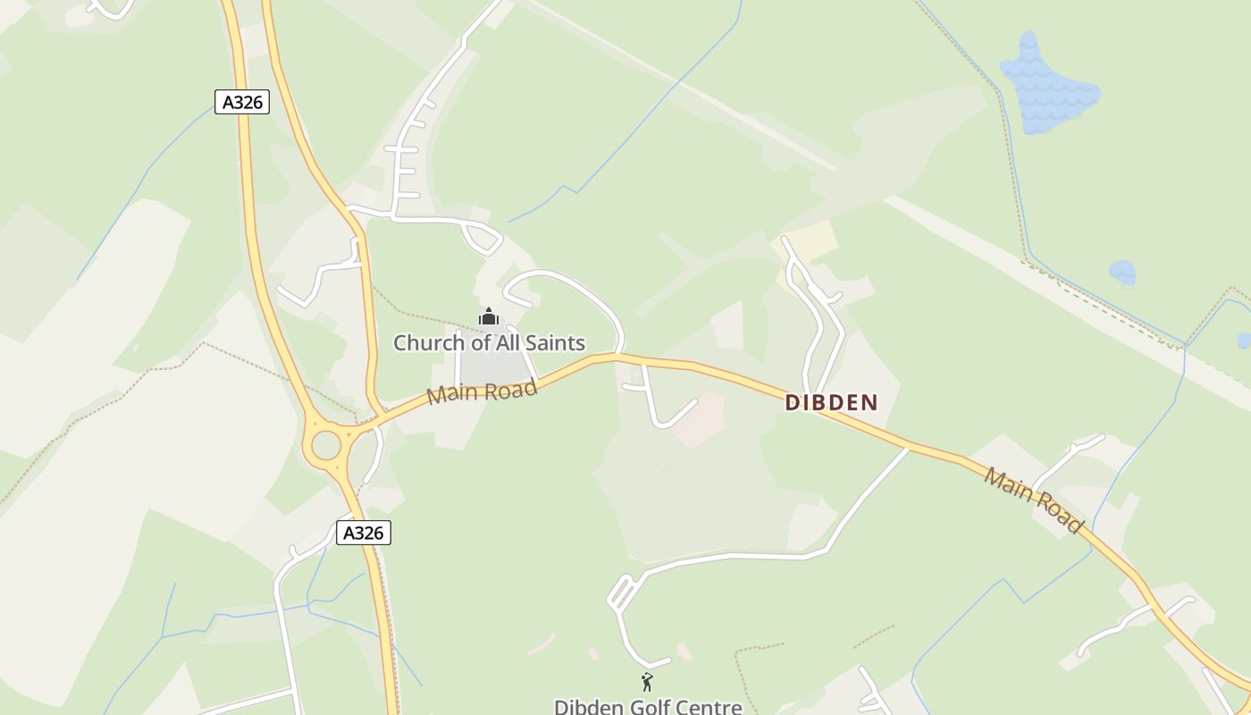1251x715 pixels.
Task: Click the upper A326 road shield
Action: click(x=242, y=102)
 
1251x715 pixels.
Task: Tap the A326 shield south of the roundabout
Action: click(x=364, y=533)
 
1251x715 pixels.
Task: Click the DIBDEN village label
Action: click(x=831, y=403)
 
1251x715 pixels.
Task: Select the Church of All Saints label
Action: click(x=489, y=342)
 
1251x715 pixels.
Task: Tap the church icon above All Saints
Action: click(x=489, y=316)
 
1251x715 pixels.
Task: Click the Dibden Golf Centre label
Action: click(x=648, y=706)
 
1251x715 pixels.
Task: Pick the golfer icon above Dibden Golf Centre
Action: click(x=647, y=682)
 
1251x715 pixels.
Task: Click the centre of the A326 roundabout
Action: click(x=326, y=445)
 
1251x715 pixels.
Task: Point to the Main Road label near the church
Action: click(x=482, y=391)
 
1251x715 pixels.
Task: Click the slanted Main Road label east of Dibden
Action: click(x=1034, y=499)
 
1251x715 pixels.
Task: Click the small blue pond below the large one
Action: click(x=1121, y=272)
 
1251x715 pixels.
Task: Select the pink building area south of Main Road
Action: click(x=700, y=420)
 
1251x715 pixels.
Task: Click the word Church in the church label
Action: click(x=427, y=342)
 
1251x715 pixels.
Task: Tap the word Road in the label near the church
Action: click(x=513, y=388)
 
